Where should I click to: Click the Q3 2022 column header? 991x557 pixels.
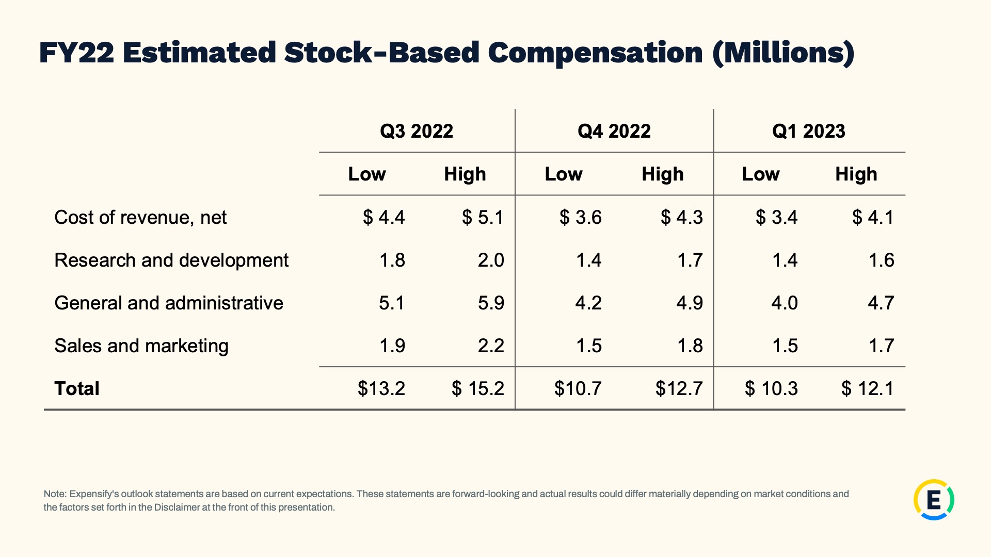[x=417, y=131]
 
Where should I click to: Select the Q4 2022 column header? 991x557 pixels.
[x=614, y=131]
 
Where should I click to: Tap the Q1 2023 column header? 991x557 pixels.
[x=809, y=131]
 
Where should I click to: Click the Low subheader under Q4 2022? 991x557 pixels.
[x=564, y=174]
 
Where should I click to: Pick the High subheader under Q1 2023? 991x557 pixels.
[x=856, y=174]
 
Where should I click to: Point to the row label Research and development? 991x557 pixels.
[x=171, y=260]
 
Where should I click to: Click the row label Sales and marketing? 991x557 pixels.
[x=141, y=346]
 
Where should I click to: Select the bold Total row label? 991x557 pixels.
[x=77, y=388]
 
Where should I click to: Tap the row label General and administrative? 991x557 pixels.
[x=169, y=303]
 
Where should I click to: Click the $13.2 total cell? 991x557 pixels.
[x=381, y=388]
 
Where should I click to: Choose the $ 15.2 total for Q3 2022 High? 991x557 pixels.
[x=478, y=388]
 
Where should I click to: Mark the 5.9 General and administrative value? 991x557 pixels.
[x=491, y=303]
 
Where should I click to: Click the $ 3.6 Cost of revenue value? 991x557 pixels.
[x=581, y=217]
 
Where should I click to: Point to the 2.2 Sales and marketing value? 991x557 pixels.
[x=491, y=346]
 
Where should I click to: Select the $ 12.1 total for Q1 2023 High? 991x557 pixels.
[x=868, y=388]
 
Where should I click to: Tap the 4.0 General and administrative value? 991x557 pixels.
[x=785, y=303]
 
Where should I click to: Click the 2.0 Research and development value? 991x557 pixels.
[x=491, y=260]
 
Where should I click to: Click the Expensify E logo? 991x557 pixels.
[x=934, y=500]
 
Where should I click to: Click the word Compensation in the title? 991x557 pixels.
[x=595, y=53]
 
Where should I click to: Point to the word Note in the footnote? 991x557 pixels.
[x=55, y=494]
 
